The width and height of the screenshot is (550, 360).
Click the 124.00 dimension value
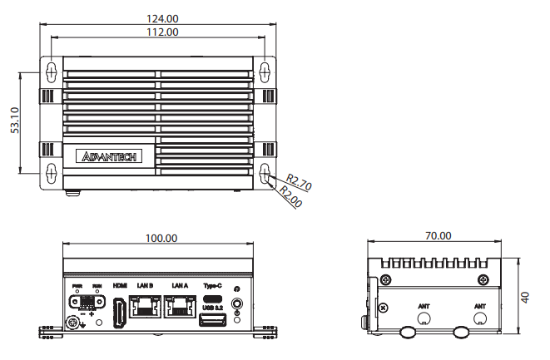point(160,18)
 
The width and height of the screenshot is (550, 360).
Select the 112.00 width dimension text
point(160,32)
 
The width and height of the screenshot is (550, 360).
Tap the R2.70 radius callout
point(298,182)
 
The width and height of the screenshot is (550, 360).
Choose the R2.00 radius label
point(290,197)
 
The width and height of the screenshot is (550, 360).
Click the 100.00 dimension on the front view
point(161,238)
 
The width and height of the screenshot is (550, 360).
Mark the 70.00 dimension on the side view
point(438,235)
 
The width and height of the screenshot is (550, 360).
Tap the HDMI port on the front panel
point(121,311)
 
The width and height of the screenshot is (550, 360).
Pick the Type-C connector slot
point(213,299)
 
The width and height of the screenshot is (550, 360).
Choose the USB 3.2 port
point(213,320)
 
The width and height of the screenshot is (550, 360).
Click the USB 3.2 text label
point(213,308)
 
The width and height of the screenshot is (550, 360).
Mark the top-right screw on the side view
point(483,279)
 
